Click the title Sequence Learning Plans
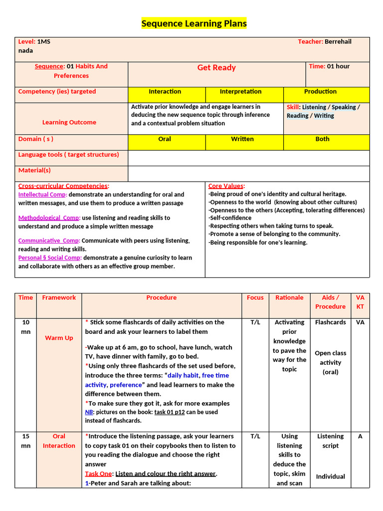coord(194,23)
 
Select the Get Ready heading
coord(216,68)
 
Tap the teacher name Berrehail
coord(338,41)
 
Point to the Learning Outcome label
coord(69,122)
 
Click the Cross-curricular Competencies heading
coord(63,186)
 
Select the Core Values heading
coord(226,186)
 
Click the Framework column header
coord(59,297)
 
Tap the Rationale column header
coord(289,297)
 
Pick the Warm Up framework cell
coord(59,338)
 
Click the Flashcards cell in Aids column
coord(330,322)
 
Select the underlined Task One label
coord(99,474)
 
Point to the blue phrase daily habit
coord(182,375)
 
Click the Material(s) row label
coord(34,171)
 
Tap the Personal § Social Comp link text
coord(49,258)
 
